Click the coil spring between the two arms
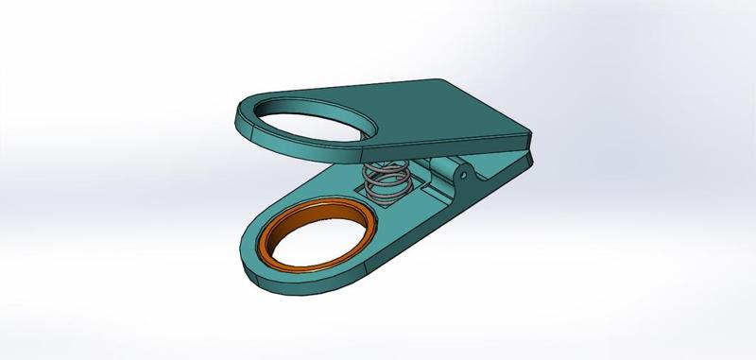pos(387,180)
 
